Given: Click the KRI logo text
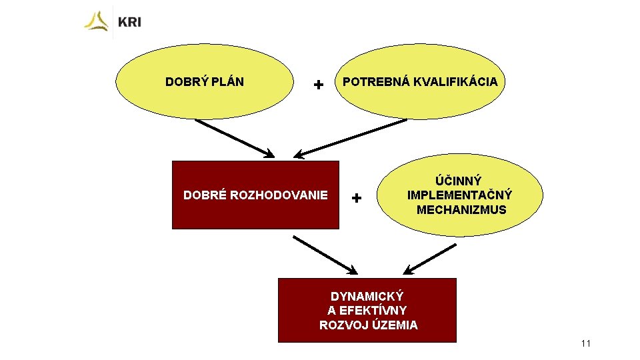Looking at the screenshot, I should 129,22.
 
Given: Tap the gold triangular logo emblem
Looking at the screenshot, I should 97,21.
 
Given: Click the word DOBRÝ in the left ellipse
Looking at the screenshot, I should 184,82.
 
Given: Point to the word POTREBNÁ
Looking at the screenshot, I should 370,81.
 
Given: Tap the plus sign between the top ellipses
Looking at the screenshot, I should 319,85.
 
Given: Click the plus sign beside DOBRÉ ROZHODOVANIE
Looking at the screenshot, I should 357,198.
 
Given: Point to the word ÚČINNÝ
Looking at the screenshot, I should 459,181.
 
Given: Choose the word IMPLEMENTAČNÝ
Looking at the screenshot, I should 459,195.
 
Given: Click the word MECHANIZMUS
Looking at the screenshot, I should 461,210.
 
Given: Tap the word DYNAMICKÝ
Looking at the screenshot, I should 367,295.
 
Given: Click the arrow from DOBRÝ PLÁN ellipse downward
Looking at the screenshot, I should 234,138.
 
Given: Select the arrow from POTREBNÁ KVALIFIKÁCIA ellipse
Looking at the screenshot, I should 350,139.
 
